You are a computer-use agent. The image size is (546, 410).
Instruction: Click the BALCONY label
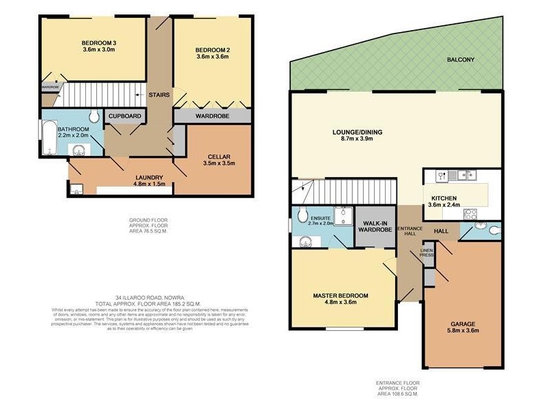click(x=461, y=60)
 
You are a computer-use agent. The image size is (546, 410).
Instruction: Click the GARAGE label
click(x=463, y=324)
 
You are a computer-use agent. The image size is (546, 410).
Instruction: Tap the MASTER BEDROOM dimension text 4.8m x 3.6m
click(x=340, y=303)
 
